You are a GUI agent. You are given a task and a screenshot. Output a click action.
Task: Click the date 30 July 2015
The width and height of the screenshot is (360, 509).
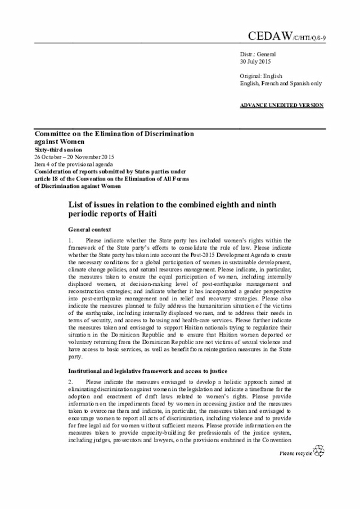(256, 61)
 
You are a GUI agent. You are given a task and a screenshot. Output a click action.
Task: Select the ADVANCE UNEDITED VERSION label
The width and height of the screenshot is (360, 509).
(281, 105)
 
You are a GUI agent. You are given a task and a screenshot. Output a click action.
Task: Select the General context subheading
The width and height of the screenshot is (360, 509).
(90, 229)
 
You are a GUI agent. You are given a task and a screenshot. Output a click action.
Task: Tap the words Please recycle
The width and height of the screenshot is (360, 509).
(295, 453)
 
